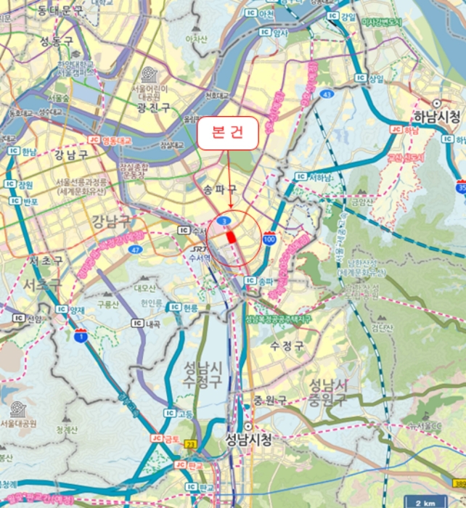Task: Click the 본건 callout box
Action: pyautogui.click(x=228, y=133)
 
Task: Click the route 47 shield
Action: pyautogui.click(x=136, y=249)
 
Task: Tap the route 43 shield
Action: pyautogui.click(x=327, y=95)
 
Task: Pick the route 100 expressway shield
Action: pyautogui.click(x=269, y=239)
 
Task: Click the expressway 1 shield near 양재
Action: pyautogui.click(x=80, y=335)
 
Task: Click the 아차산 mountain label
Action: pyautogui.click(x=197, y=38)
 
